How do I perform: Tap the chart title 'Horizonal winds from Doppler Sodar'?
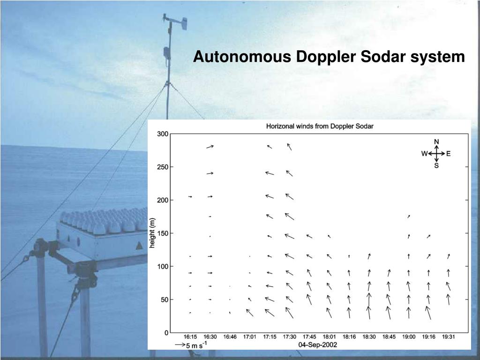(x=320, y=126)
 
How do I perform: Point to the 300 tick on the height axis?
(x=163, y=134)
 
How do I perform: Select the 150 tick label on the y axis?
(x=163, y=233)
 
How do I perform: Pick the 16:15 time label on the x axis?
(x=190, y=337)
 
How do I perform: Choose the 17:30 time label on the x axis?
(x=289, y=337)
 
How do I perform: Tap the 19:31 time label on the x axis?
(x=449, y=337)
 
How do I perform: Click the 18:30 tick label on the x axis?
(x=369, y=337)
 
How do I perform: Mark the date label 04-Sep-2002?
(x=318, y=345)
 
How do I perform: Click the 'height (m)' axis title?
(x=152, y=233)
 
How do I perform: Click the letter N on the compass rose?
(x=436, y=142)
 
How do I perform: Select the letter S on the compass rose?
(x=436, y=165)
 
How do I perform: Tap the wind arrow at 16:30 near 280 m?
(x=210, y=147)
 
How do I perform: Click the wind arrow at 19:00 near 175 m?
(x=409, y=216)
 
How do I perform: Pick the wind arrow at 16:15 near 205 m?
(x=190, y=196)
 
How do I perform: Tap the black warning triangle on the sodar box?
(x=139, y=246)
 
